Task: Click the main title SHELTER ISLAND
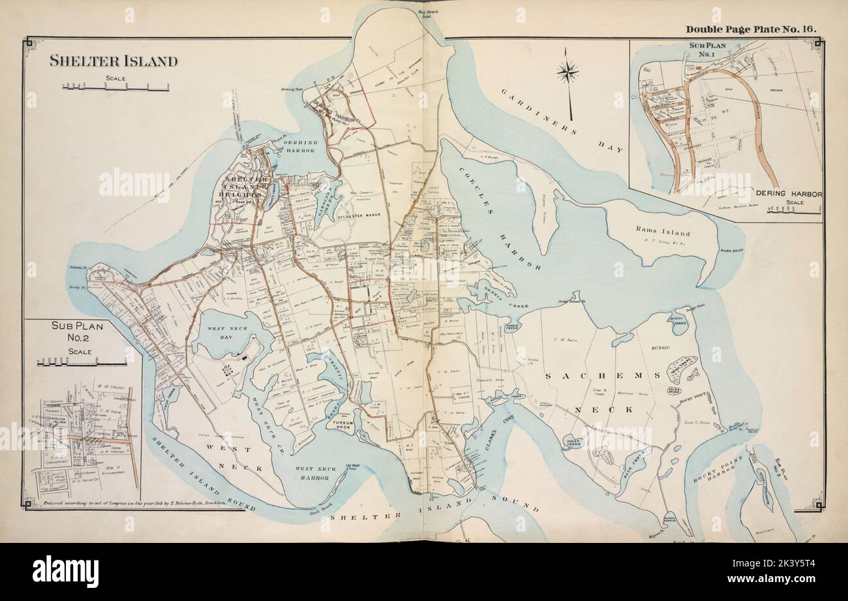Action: tap(114, 61)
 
